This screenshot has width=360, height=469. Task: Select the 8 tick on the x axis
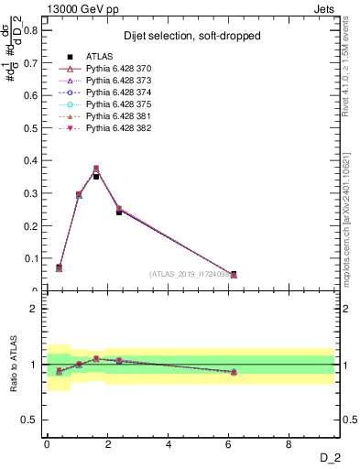point(289,444)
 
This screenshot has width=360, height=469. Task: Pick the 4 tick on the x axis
point(169,444)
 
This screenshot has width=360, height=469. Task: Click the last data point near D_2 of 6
point(234,274)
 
